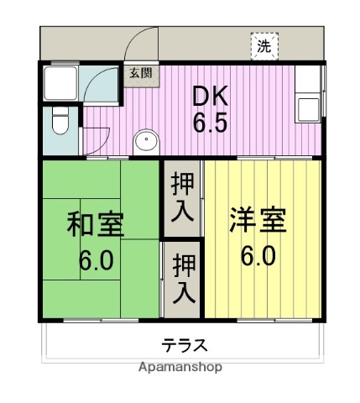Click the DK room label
(x=211, y=95)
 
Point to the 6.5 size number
(x=211, y=124)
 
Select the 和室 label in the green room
(x=95, y=224)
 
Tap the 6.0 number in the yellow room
(x=258, y=254)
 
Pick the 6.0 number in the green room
(x=96, y=259)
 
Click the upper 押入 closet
(x=183, y=196)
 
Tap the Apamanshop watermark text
(x=180, y=368)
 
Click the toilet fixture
(x=60, y=122)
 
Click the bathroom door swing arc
(x=100, y=83)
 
